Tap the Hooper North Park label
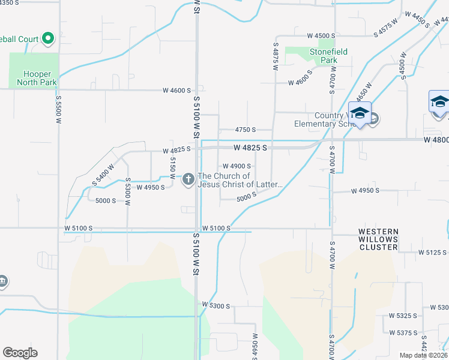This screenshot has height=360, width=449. coord(34,78)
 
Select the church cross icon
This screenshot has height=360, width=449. coord(188,178)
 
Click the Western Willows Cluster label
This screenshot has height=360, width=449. coord(378,239)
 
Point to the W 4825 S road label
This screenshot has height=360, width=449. coord(250,147)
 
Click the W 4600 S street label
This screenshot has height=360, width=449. coord(176,91)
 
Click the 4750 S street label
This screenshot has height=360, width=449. coord(246,130)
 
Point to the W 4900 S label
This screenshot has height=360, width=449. coord(237,166)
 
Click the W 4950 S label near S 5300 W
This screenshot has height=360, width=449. coord(151,188)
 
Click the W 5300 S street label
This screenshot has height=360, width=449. coord(216,306)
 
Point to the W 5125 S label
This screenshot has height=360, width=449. coord(433,253)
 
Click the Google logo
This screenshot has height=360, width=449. coord(20,353)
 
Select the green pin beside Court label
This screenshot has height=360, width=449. coord(47,40)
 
